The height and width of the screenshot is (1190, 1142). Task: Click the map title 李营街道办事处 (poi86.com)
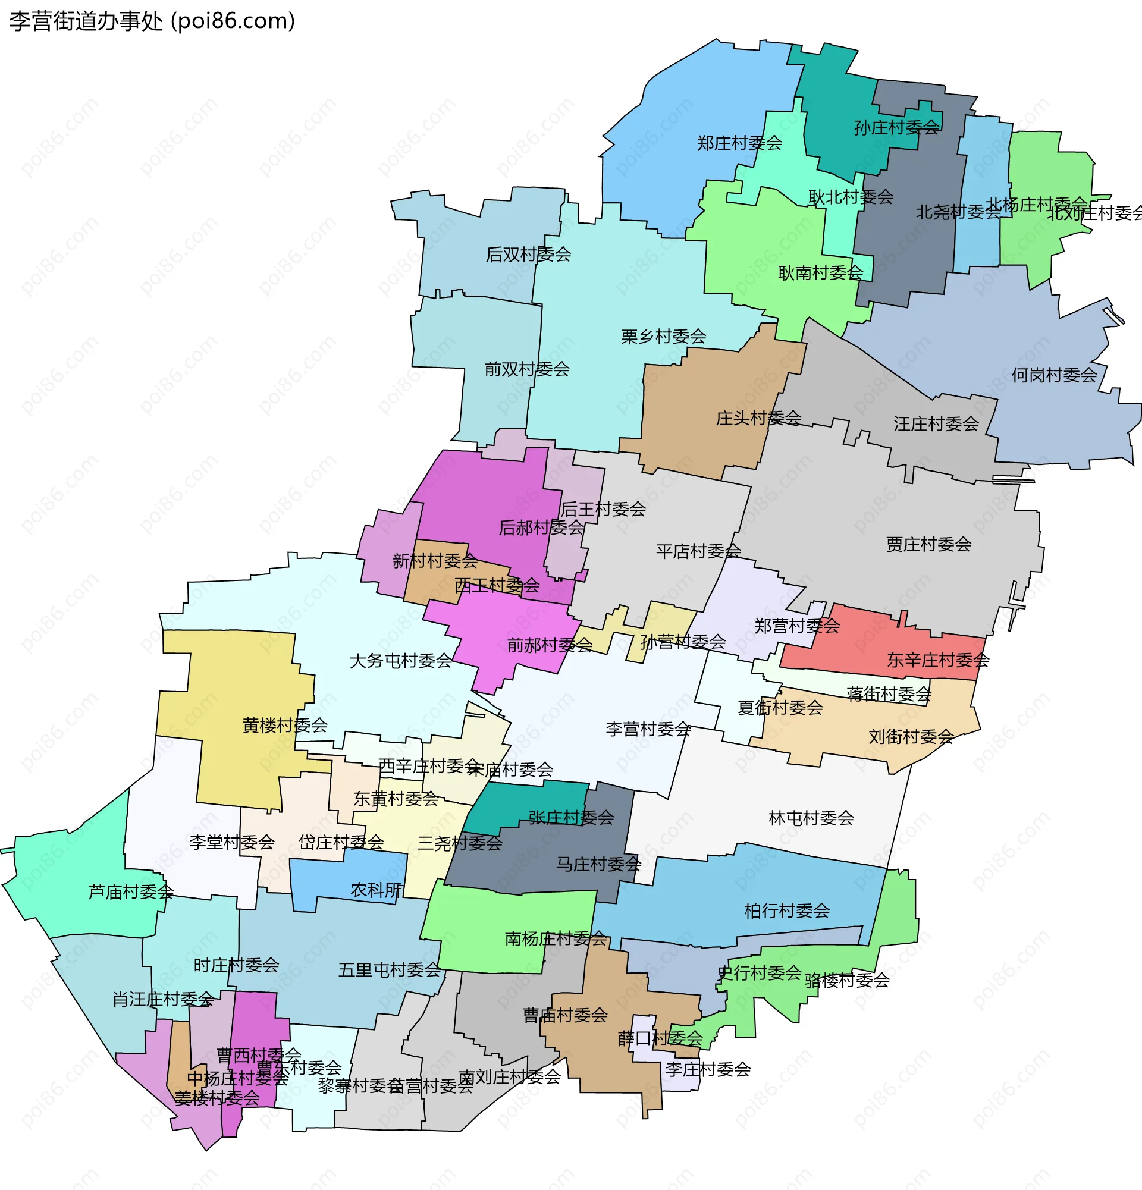(152, 21)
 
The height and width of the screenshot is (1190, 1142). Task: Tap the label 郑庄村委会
(739, 143)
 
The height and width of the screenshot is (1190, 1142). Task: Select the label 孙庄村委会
(896, 127)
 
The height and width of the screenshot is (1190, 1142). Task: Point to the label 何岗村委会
(1054, 375)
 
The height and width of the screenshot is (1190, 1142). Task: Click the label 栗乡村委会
(663, 337)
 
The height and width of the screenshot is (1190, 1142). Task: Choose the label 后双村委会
(528, 255)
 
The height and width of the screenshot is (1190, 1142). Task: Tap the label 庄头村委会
(758, 417)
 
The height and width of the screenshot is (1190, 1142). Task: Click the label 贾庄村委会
(928, 544)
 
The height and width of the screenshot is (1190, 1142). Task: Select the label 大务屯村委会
(401, 661)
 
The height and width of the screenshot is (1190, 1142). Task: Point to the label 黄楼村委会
(285, 725)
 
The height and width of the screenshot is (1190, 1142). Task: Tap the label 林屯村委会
(811, 818)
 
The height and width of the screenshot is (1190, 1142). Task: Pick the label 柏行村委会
(787, 910)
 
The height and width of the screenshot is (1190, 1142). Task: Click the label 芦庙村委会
(131, 891)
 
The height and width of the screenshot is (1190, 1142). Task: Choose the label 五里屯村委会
(389, 969)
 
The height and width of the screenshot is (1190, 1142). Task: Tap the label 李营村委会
(648, 729)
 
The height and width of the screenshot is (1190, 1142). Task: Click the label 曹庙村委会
(565, 1015)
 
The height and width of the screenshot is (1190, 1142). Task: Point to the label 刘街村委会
(911, 736)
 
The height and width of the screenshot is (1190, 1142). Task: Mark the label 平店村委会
(698, 551)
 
